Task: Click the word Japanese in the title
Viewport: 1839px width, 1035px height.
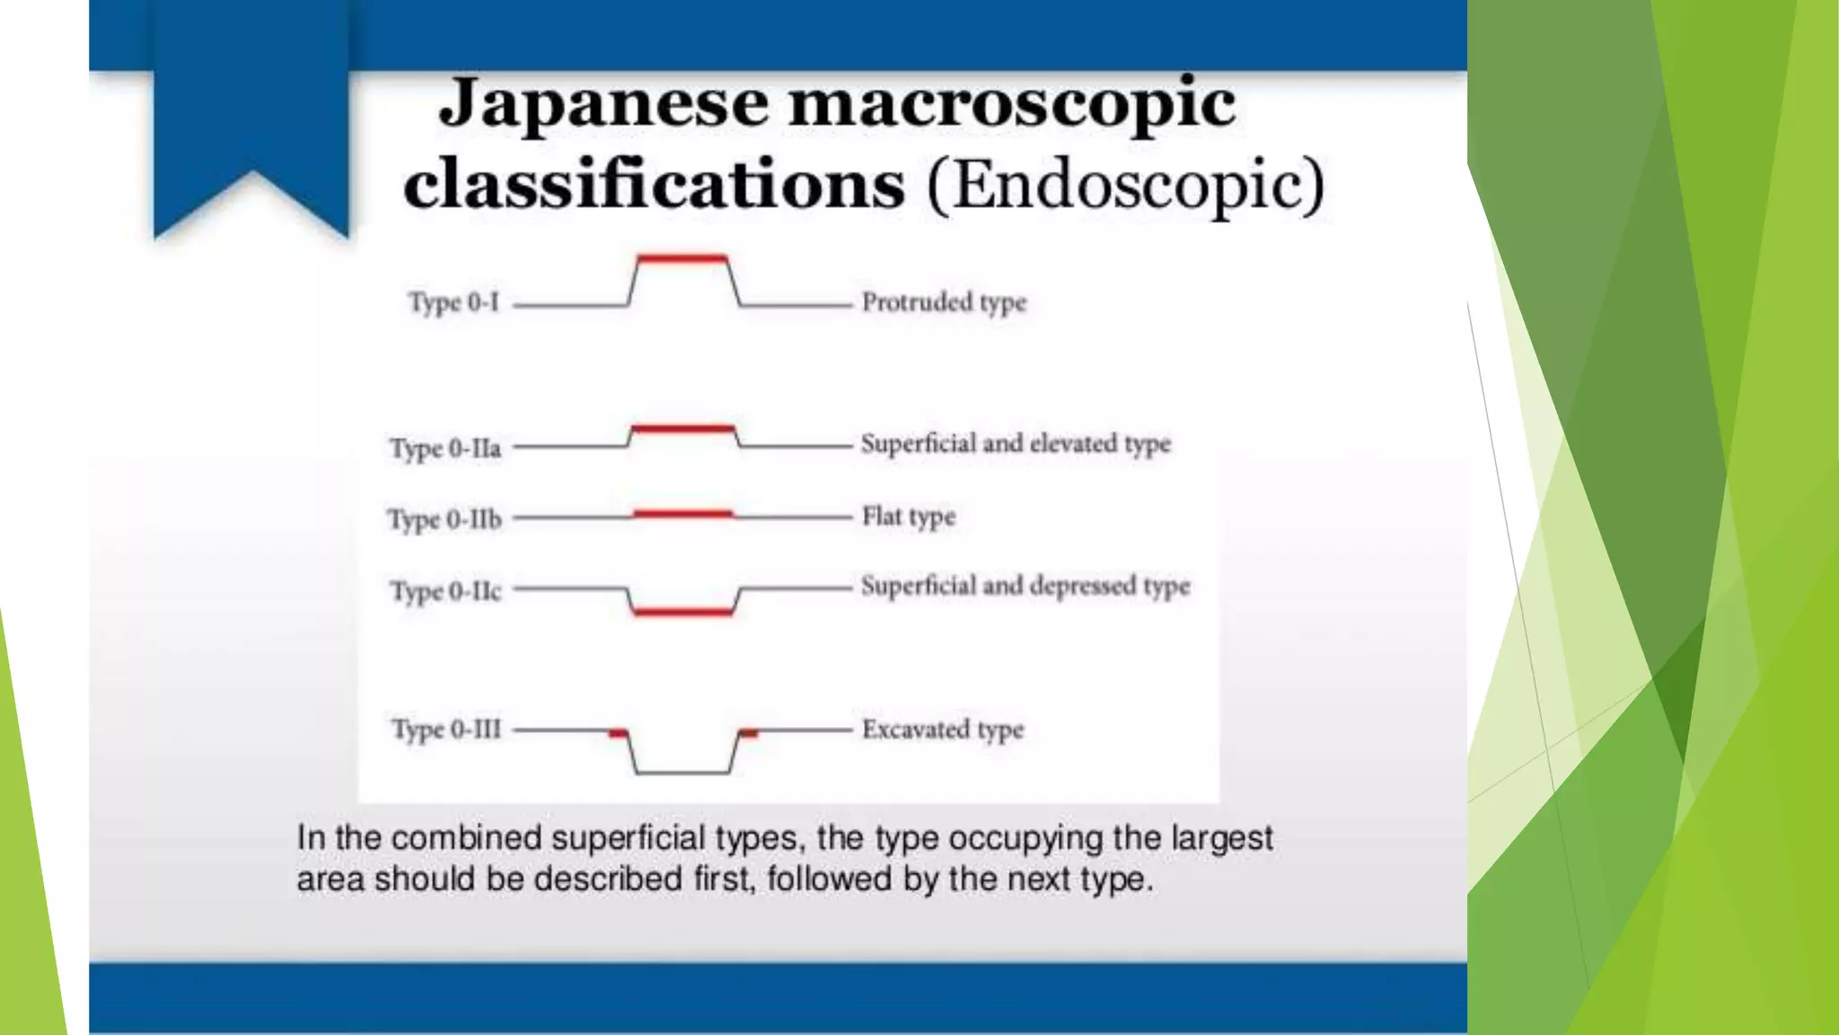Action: pos(603,104)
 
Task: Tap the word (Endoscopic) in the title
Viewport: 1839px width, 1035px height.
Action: pos(1126,185)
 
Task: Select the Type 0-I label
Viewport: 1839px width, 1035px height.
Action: pos(453,303)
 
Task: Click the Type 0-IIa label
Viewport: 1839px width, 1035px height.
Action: pos(445,447)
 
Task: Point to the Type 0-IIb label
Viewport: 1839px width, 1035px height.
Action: pos(444,519)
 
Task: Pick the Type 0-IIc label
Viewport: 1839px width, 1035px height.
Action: pos(445,591)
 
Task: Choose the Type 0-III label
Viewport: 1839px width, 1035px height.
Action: pos(446,729)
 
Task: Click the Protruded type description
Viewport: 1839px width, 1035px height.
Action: pos(944,303)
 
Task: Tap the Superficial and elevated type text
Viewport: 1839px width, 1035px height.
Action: pos(1016,444)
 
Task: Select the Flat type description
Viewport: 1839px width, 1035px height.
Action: pos(909,517)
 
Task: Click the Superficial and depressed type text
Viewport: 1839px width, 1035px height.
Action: pos(1025,586)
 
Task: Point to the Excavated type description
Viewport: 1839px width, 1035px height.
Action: pos(943,729)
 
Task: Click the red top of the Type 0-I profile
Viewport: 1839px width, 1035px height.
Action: pos(682,259)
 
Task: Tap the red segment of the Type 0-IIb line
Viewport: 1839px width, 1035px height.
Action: pos(683,514)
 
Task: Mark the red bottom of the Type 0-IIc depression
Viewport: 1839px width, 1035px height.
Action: pos(683,612)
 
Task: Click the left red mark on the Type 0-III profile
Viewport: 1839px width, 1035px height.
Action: pos(618,734)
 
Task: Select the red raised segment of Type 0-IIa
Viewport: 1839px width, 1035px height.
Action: pos(683,429)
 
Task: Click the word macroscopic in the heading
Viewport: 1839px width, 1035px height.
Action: pos(1012,104)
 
